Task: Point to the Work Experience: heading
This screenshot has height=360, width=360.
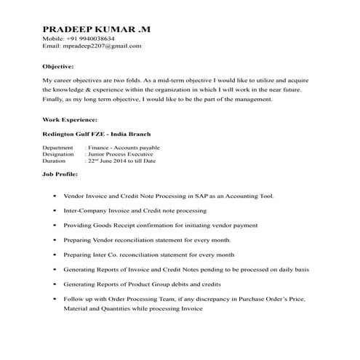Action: (x=70, y=119)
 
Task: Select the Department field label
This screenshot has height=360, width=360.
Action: (x=58, y=148)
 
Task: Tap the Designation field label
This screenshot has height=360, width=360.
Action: (x=59, y=154)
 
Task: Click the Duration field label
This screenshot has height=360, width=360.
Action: (x=56, y=161)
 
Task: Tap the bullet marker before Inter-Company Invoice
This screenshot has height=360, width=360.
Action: (x=55, y=211)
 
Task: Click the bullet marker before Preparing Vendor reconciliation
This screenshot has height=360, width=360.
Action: (x=55, y=240)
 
